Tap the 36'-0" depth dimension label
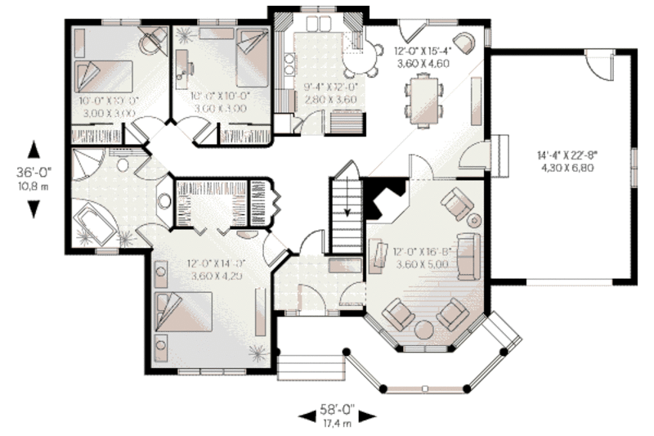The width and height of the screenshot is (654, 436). click(34, 173)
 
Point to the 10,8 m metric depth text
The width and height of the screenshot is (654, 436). click(34, 187)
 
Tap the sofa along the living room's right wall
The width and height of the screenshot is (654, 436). click(468, 255)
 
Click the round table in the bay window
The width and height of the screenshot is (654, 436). click(425, 329)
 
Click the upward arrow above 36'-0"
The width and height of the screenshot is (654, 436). click(34, 151)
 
